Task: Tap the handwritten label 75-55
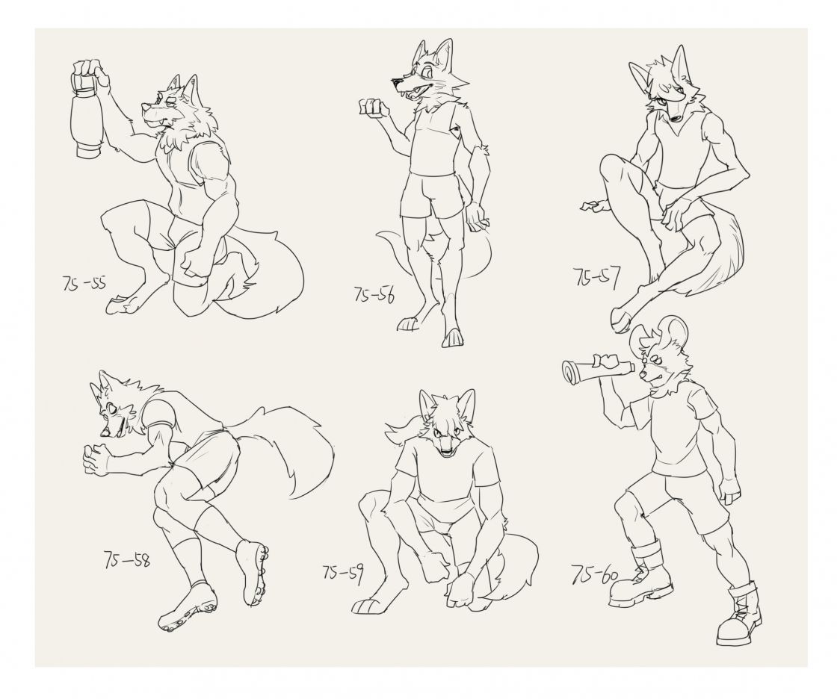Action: pyautogui.click(x=84, y=283)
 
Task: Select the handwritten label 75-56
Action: pyautogui.click(x=374, y=294)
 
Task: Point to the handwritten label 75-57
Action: pyautogui.click(x=597, y=277)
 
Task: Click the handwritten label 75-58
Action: pyautogui.click(x=126, y=559)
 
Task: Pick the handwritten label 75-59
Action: pyautogui.click(x=343, y=574)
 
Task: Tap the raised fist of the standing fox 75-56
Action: pyautogui.click(x=372, y=107)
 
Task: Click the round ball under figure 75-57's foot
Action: pyautogui.click(x=621, y=320)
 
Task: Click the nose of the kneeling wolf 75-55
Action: pyautogui.click(x=145, y=108)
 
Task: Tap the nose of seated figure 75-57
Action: pyautogui.click(x=676, y=119)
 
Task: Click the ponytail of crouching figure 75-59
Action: pyautogui.click(x=404, y=423)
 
